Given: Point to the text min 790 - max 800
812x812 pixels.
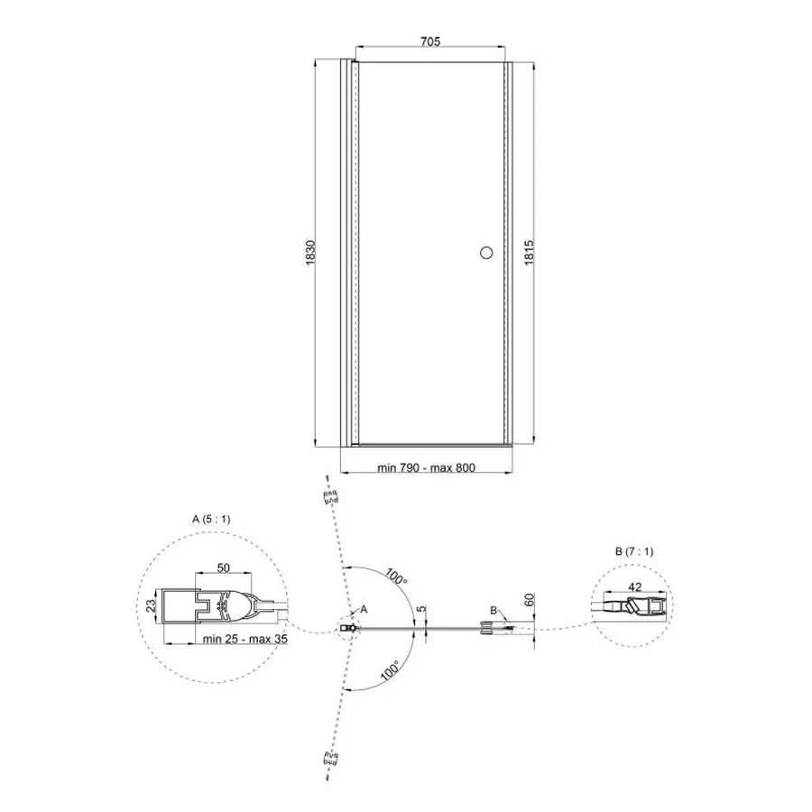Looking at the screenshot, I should coord(427,468).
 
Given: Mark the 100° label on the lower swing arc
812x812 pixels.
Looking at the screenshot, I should coord(389,670).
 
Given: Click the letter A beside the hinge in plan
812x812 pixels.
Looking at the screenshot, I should coord(364,610).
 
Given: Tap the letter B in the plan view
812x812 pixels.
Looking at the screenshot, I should coord(494,611).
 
